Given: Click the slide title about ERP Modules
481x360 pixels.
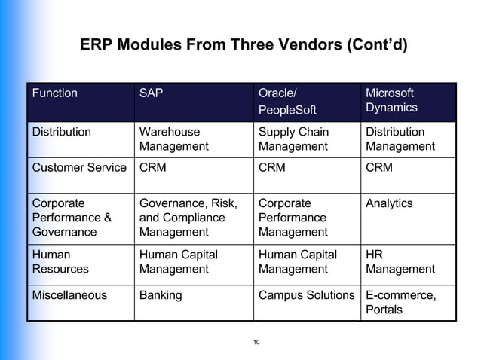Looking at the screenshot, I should (243, 45).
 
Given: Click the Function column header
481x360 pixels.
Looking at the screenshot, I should (54, 93).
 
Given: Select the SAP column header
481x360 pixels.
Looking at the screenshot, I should (152, 93).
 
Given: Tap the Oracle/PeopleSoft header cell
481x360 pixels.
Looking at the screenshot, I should (287, 102).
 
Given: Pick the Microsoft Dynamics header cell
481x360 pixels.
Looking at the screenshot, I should (391, 100).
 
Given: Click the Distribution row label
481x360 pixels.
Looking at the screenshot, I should (61, 132).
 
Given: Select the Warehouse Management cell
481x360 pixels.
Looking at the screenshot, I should (173, 139).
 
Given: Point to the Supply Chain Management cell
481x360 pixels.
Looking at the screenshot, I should (293, 139).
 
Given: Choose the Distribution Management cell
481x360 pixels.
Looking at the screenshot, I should (400, 139).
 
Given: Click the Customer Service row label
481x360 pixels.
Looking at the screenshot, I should (78, 168).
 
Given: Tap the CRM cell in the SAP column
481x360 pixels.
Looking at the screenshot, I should (153, 168).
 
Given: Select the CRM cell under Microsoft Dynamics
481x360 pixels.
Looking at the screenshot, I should (378, 168).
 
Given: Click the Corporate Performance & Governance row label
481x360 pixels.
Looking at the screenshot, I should (72, 218).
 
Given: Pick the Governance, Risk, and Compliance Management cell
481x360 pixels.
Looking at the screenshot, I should (188, 218).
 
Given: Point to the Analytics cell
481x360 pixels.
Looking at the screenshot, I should (389, 203).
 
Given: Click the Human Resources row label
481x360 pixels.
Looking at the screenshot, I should (60, 261).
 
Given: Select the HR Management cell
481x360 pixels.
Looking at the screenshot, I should (400, 261).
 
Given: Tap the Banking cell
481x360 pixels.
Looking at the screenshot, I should (161, 295).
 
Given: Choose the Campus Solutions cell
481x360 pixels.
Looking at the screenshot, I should (306, 295).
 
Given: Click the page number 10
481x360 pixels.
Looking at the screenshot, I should (256, 343).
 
